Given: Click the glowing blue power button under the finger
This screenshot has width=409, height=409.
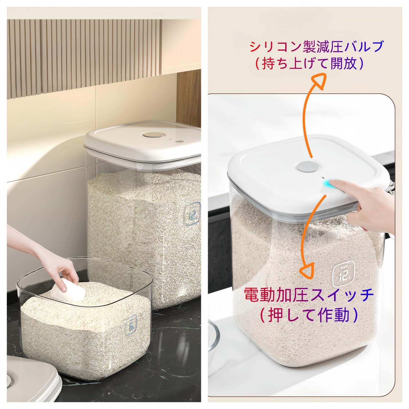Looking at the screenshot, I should pyautogui.click(x=326, y=184).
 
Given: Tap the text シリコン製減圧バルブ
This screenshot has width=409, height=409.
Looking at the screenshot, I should pyautogui.click(x=316, y=47).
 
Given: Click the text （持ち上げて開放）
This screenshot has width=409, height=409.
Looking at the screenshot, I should pyautogui.click(x=309, y=63).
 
